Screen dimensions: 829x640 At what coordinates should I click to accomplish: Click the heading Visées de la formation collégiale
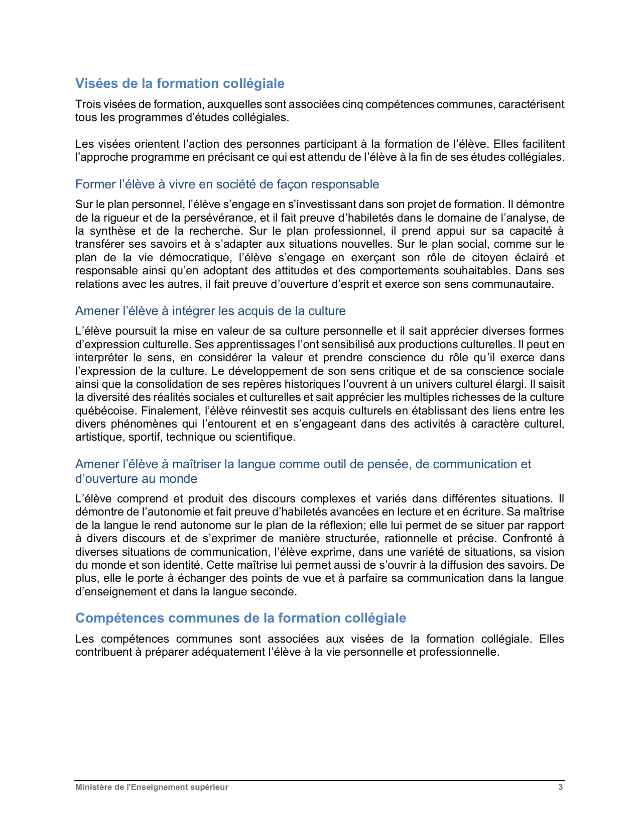click(x=180, y=83)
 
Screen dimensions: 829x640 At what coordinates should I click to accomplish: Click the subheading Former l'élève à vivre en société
click(x=227, y=184)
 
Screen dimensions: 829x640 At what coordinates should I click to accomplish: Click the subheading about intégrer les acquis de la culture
click(x=210, y=311)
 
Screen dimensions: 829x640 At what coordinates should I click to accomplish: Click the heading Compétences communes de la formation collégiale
click(x=240, y=618)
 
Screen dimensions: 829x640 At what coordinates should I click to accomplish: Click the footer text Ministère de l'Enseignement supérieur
click(x=152, y=787)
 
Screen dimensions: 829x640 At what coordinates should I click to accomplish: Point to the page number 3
click(x=561, y=787)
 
